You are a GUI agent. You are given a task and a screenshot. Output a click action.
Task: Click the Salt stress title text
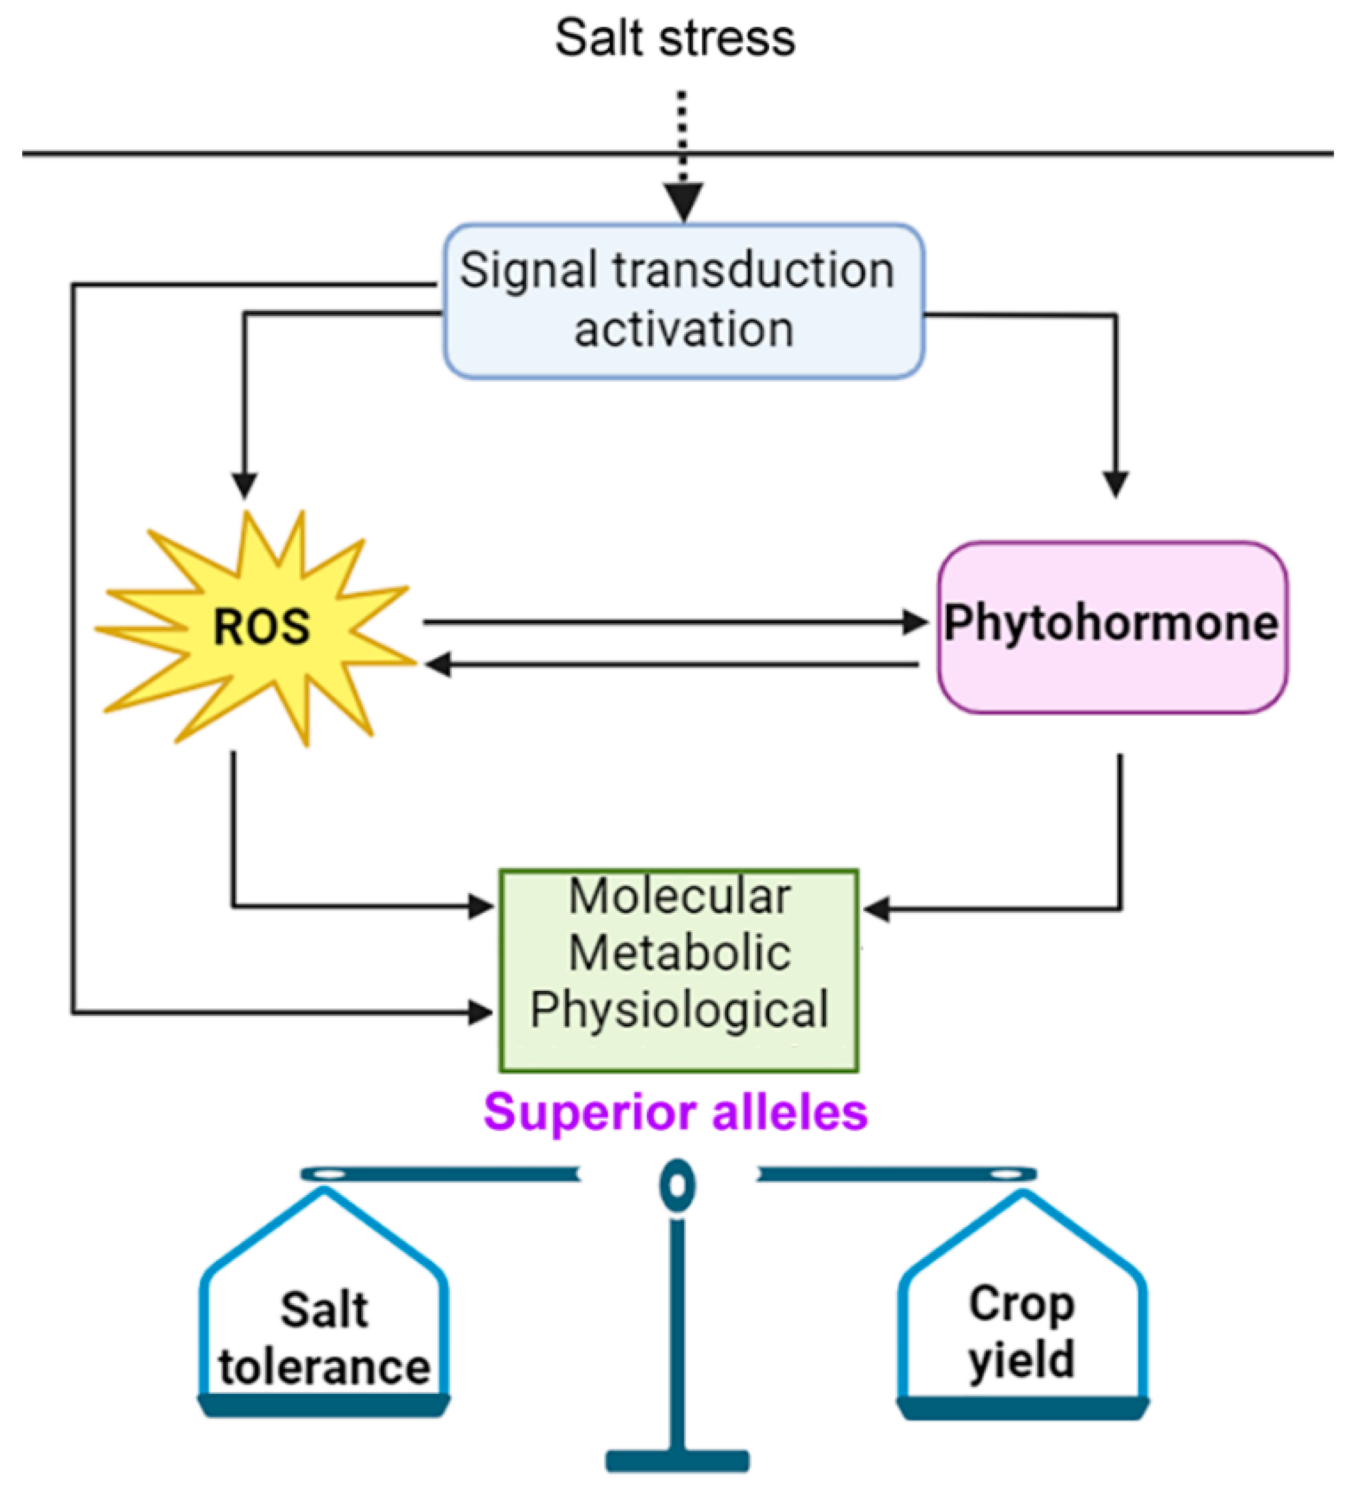[674, 38]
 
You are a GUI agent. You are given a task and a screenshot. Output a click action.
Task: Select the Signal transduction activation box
[683, 301]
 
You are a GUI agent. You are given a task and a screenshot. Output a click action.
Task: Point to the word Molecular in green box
[679, 896]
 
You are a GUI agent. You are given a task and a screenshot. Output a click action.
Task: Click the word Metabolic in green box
[679, 952]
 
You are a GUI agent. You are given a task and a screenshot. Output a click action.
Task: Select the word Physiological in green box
[679, 1010]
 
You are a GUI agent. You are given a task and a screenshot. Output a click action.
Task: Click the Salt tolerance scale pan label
[324, 1338]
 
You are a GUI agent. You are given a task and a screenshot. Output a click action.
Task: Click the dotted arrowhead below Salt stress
[683, 201]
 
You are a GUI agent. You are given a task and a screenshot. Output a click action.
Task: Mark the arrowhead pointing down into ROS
[244, 485]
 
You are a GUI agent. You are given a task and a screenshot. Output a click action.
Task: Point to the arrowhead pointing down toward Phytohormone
[1115, 484]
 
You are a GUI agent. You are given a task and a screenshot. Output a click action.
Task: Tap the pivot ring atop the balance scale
[677, 1185]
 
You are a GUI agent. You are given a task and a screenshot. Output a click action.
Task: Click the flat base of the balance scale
[677, 1460]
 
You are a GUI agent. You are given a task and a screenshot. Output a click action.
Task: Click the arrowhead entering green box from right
[876, 909]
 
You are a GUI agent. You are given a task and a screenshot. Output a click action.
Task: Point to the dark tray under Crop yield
[1022, 1408]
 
